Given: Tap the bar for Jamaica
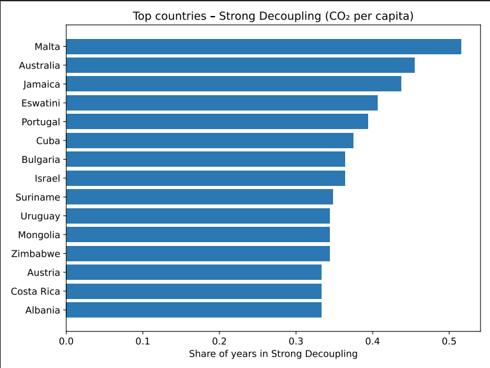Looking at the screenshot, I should coord(234,84).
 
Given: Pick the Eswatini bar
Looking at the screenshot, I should coord(221,103).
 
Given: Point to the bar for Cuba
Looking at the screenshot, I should coord(209,141).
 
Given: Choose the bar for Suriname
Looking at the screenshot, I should coord(199,197).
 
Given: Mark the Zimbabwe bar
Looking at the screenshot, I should coord(198,254).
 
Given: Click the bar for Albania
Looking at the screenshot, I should coord(193,310).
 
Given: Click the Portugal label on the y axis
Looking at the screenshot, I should coord(40,122).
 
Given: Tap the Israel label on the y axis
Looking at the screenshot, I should coord(47,178).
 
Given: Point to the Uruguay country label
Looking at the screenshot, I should coord(40,216).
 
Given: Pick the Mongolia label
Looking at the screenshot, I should coord(39,235).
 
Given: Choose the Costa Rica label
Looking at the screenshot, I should coord(36,291).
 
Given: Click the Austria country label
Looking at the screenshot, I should coord(43,273).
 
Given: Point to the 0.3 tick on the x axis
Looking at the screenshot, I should coord(296,341).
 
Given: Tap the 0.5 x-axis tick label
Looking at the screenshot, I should coord(449,341).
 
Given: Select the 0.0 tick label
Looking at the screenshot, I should coord(66,341).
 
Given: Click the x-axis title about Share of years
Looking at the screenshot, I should coord(273,353).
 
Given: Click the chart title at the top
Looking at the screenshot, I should coord(273,16).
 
